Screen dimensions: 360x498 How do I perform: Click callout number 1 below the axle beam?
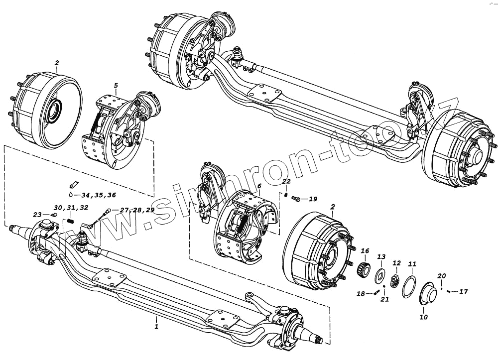pos(156,327)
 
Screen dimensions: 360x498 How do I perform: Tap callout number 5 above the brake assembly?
pos(116,86)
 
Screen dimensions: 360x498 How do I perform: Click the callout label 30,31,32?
pos(71,207)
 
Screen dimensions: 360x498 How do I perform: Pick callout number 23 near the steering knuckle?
pos(37,215)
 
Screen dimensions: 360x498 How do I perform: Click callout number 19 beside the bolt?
pos(313,199)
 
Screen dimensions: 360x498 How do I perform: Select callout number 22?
pos(286,181)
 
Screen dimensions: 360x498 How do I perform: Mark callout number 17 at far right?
pos(463,292)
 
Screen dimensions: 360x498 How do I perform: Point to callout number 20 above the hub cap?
pos(442,276)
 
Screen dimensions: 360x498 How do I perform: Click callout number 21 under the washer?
pos(384,299)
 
